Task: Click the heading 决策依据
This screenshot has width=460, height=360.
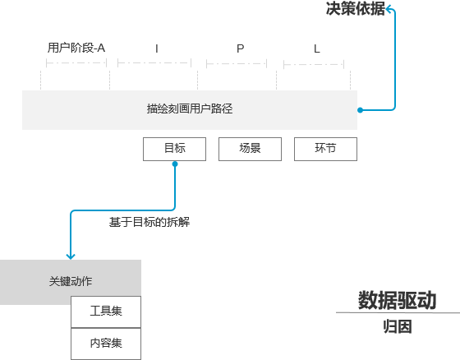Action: pyautogui.click(x=355, y=10)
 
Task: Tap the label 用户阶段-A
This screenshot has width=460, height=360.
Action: pyautogui.click(x=76, y=48)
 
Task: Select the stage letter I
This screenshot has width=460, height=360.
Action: pyautogui.click(x=157, y=48)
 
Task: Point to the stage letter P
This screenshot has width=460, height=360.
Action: pyautogui.click(x=241, y=48)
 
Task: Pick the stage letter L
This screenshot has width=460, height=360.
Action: pyautogui.click(x=317, y=48)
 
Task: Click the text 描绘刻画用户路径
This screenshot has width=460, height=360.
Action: pyautogui.click(x=190, y=108)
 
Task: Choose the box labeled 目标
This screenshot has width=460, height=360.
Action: pyautogui.click(x=175, y=149)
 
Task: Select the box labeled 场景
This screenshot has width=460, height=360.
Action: pyautogui.click(x=250, y=149)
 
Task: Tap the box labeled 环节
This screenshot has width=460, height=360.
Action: pyautogui.click(x=325, y=149)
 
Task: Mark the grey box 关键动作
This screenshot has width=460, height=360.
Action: pyautogui.click(x=71, y=282)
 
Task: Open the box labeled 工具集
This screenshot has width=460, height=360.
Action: pyautogui.click(x=106, y=312)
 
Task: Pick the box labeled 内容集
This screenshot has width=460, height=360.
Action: pyautogui.click(x=106, y=343)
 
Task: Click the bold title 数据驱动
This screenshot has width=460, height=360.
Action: pyautogui.click(x=397, y=300)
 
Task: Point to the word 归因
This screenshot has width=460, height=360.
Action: pyautogui.click(x=397, y=326)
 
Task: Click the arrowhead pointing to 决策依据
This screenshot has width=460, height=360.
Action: pyautogui.click(x=389, y=9)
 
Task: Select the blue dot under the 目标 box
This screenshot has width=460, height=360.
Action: pyautogui.click(x=175, y=164)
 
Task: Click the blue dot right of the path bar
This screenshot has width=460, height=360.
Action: pyautogui.click(x=360, y=109)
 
